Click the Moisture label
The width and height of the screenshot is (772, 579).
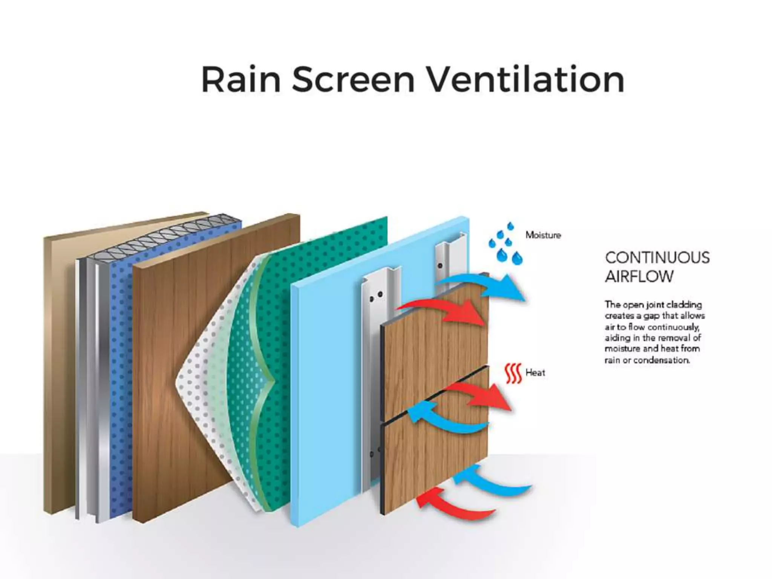tap(543, 235)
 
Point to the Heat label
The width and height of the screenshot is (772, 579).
tap(535, 373)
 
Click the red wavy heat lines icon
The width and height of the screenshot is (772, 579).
tap(513, 374)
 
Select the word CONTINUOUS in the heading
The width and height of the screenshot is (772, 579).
tap(657, 258)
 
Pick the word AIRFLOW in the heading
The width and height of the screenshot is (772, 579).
tap(639, 277)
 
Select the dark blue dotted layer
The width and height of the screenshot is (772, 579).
tap(121, 339)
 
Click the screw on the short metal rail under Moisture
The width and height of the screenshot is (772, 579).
tap(440, 266)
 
